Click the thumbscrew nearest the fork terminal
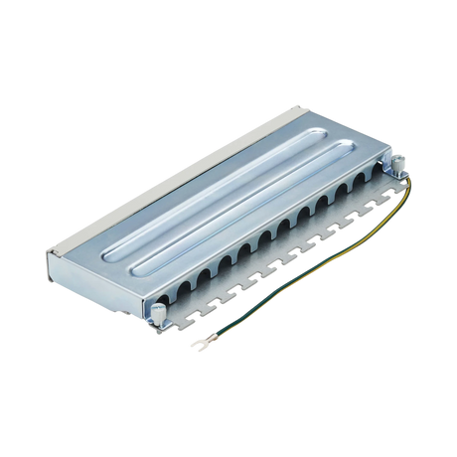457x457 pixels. pyautogui.click(x=158, y=315)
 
